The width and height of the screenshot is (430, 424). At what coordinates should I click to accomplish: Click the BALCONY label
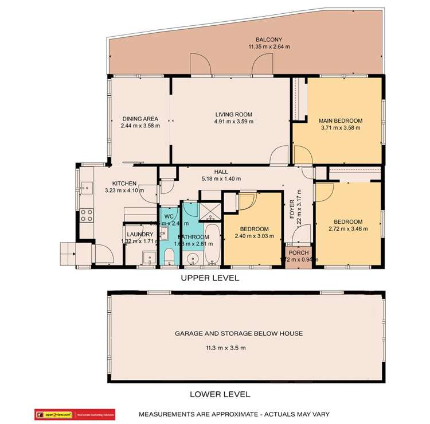268,39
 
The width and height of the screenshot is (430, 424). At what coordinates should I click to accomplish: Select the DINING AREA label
139,119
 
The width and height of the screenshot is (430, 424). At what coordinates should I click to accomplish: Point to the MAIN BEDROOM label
341,120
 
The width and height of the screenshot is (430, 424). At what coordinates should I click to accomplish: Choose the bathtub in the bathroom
212,244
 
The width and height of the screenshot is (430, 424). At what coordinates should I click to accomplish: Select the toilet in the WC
169,258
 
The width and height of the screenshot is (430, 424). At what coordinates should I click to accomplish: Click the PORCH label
298,252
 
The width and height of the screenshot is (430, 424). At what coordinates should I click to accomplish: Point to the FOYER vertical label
292,209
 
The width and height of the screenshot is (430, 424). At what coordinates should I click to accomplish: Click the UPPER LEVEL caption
210,278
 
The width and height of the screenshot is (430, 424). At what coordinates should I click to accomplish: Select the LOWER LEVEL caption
220,394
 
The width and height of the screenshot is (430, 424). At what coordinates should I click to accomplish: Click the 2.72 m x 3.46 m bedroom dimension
348,229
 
